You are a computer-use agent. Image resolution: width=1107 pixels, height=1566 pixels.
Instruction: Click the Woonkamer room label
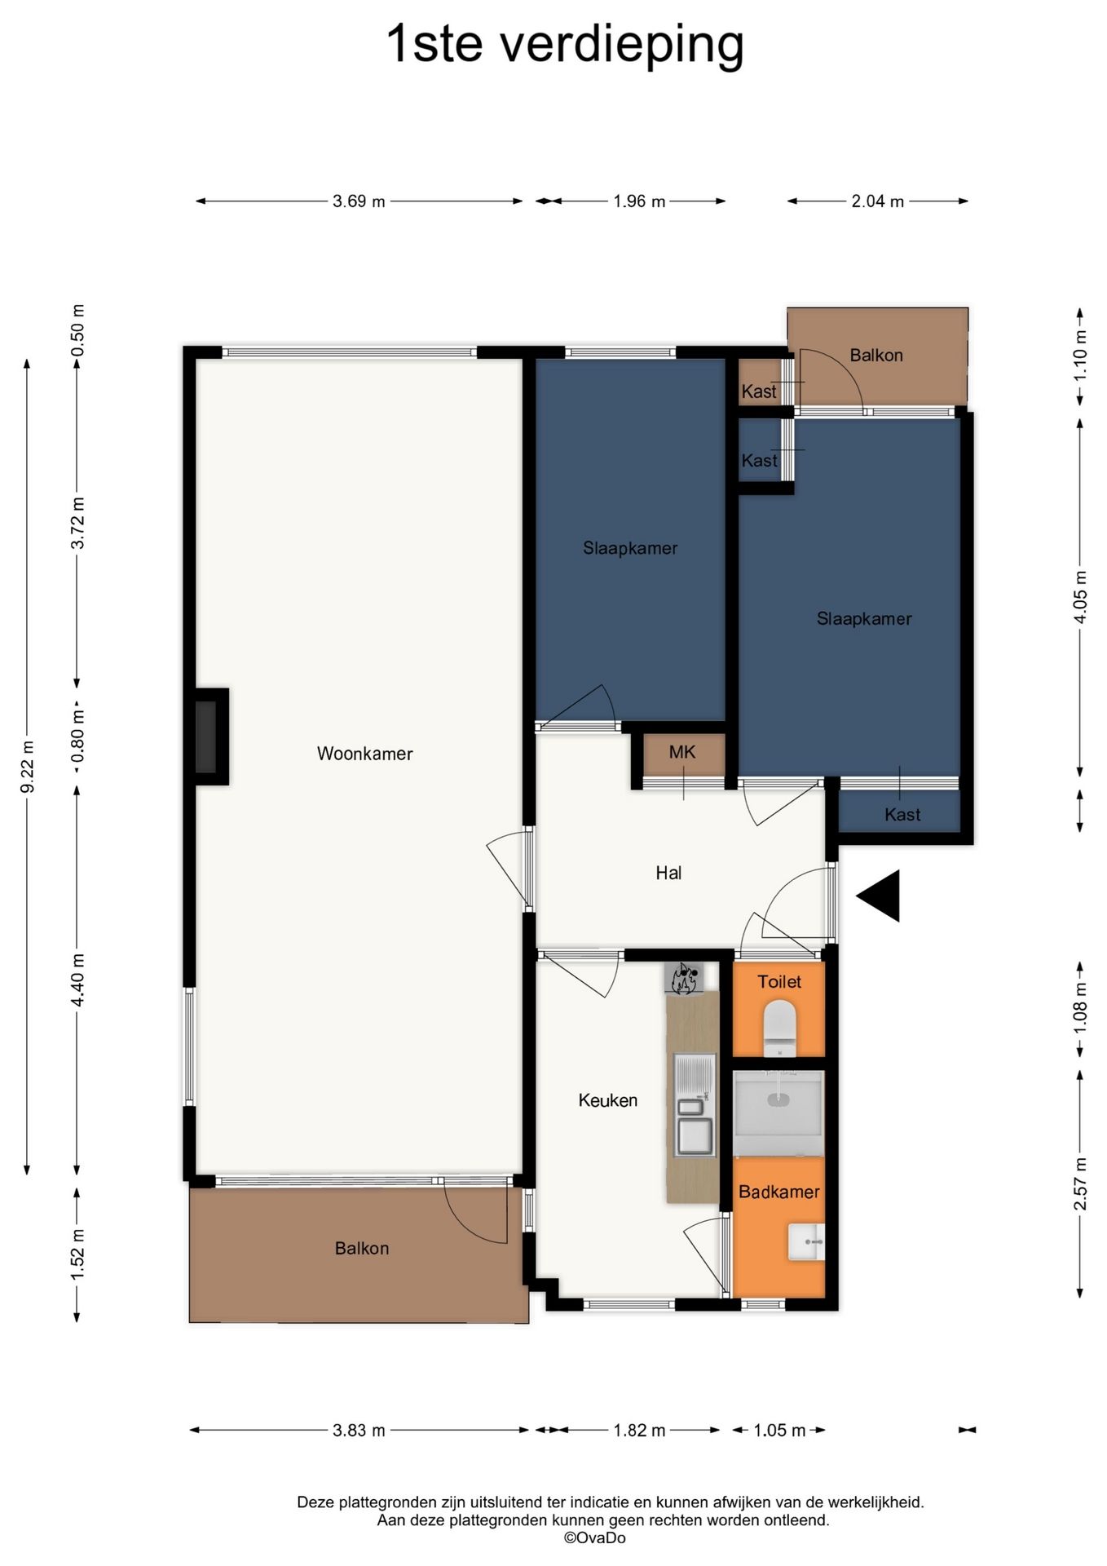[x=364, y=754]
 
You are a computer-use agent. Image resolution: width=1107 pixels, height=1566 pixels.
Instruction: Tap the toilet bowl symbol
[x=779, y=1027]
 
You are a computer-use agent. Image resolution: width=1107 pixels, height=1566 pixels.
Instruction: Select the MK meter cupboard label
[x=682, y=752]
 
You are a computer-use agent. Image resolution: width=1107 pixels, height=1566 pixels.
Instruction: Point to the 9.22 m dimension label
[x=27, y=767]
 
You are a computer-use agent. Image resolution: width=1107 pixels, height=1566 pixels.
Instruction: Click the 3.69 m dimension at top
[x=359, y=201]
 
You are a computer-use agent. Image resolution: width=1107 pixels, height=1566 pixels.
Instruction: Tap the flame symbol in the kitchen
[x=683, y=979]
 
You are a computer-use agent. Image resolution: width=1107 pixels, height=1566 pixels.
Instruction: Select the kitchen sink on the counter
[x=695, y=1105]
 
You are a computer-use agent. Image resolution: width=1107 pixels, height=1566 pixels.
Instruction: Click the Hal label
[x=668, y=874]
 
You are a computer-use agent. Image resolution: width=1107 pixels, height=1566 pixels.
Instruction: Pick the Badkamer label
[x=779, y=1192]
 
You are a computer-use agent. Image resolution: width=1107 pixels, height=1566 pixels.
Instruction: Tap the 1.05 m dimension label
[x=779, y=1431]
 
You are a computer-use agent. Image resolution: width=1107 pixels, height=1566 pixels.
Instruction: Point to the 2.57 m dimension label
[x=1080, y=1183]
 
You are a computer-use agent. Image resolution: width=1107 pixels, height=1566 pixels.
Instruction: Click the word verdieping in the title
[x=622, y=45]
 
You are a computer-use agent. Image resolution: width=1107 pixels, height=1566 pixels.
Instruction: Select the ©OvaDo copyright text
[x=595, y=1538]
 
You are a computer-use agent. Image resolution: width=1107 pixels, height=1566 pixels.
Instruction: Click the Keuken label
[x=608, y=1100]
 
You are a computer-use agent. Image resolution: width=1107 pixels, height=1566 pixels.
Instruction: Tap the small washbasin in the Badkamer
[x=806, y=1242]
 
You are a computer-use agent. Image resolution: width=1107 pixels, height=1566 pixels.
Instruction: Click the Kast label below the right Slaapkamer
[x=902, y=815]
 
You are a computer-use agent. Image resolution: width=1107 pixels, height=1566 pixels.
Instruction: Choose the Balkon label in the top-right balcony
[x=876, y=356]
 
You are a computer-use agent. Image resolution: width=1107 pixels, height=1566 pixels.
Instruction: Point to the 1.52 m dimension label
[x=77, y=1254]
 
